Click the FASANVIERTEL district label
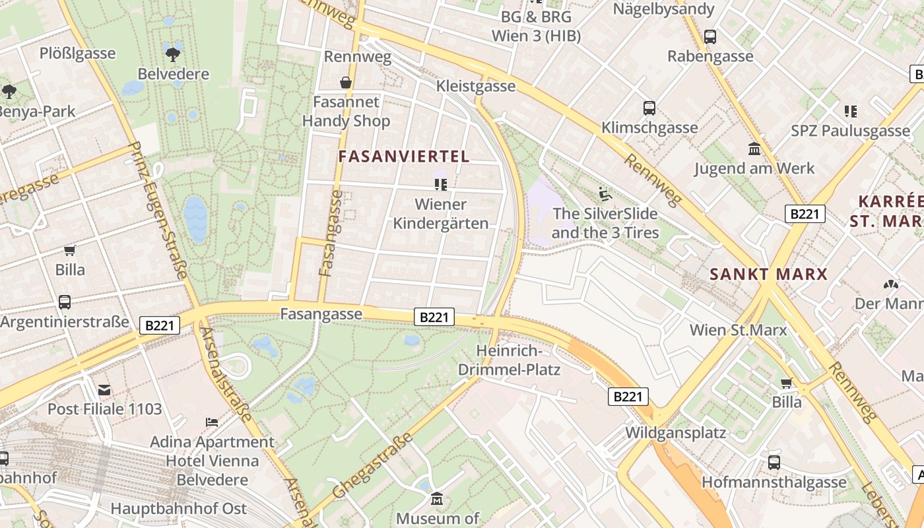[404, 156]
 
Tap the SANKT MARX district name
[768, 274]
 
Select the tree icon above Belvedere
[174, 53]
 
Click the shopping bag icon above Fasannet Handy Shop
[345, 82]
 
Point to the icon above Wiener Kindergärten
[440, 184]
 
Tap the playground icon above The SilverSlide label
[605, 194]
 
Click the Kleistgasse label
[476, 86]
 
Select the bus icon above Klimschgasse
[649, 108]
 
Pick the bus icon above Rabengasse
[710, 37]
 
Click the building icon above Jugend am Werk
[754, 148]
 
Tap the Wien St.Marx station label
[738, 329]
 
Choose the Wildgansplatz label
[675, 433]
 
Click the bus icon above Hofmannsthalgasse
[774, 463]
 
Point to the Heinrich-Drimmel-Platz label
[518, 360]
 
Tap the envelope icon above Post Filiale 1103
[104, 390]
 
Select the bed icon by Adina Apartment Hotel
[212, 422]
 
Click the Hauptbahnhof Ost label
[178, 509]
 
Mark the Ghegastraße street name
[373, 466]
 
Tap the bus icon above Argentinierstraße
[65, 302]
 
